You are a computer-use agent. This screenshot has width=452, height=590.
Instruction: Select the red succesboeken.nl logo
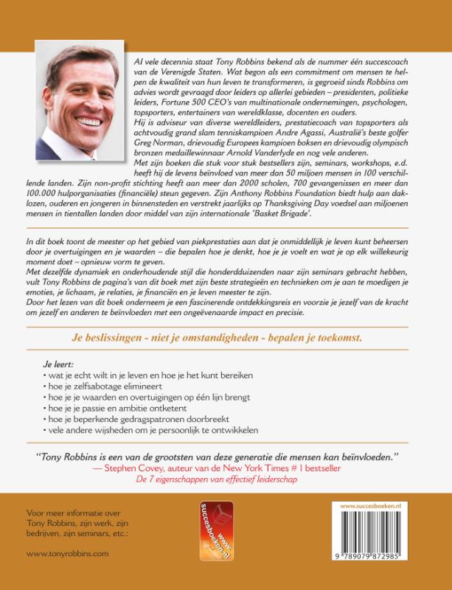(x=218, y=530)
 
